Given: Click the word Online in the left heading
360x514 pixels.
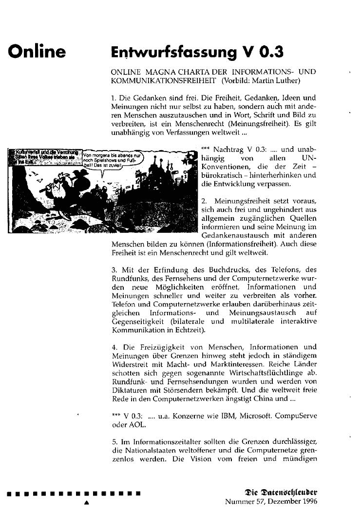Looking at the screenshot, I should [x=36, y=51].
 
